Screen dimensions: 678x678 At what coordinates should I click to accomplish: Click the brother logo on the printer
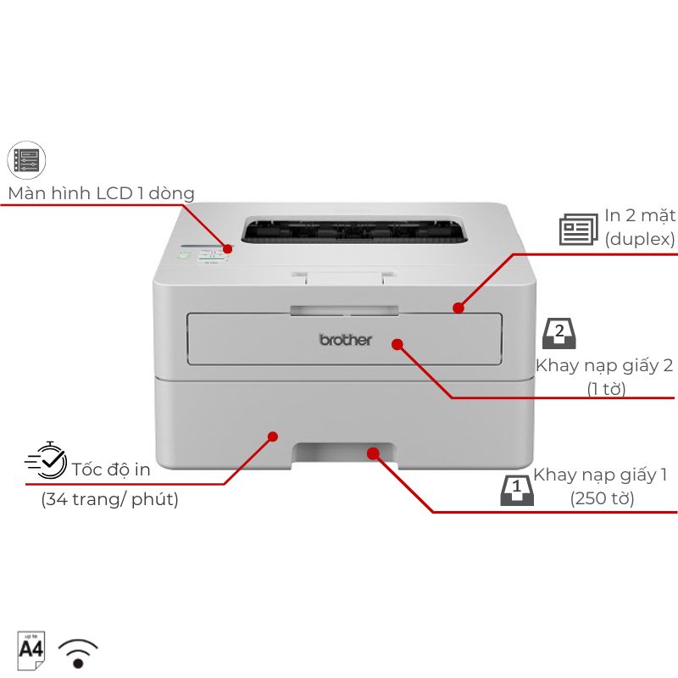[x=345, y=340]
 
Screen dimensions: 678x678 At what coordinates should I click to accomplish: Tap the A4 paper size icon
[x=31, y=650]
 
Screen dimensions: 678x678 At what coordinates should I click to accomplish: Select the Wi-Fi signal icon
[x=78, y=653]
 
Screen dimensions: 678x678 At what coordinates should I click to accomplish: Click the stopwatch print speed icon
[x=47, y=460]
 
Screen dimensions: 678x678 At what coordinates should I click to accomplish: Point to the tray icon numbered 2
[x=559, y=333]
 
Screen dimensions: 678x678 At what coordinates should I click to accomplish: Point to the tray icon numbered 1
[x=517, y=490]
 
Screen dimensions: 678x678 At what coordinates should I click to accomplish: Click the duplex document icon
[x=579, y=230]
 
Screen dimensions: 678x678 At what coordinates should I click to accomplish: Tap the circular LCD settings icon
[x=26, y=160]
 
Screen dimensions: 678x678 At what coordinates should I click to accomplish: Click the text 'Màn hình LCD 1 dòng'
[x=101, y=193]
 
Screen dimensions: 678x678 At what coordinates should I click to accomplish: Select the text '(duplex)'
[x=640, y=239]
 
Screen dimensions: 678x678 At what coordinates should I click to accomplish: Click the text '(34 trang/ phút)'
[x=110, y=499]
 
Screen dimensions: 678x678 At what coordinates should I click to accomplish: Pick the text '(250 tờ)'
[x=602, y=498]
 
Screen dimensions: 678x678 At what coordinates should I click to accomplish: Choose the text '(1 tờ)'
[x=606, y=389]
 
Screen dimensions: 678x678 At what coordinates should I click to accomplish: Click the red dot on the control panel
[x=227, y=248]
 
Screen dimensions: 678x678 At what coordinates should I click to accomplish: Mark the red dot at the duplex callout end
[x=458, y=308]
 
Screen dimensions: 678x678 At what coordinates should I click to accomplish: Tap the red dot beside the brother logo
[x=397, y=344]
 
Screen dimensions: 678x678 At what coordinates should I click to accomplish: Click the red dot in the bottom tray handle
[x=373, y=453]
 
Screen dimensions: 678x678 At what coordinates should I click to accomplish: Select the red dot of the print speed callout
[x=272, y=436]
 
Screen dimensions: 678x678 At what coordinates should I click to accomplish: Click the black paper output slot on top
[x=354, y=230]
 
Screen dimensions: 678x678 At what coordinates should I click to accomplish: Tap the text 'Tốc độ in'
[x=111, y=470]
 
